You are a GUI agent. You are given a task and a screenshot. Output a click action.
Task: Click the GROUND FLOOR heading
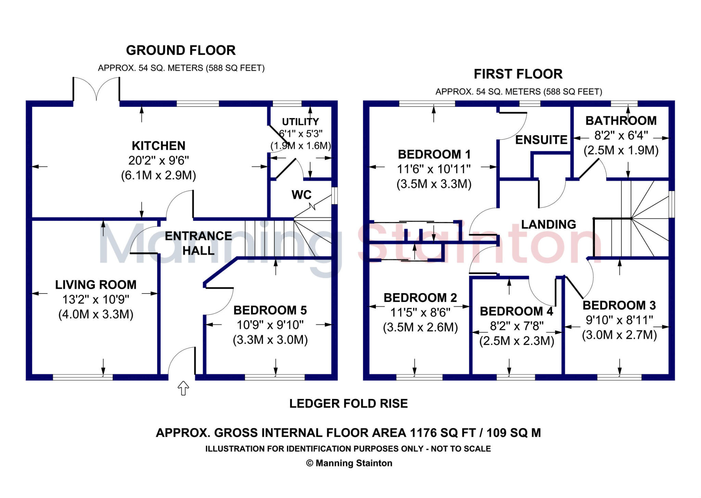point(181,50)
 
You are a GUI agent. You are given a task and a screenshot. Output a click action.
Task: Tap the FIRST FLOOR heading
point(518,74)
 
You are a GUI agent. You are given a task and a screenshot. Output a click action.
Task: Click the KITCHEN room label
point(158,146)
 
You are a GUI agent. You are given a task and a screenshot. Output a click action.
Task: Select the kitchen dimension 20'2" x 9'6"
point(158,161)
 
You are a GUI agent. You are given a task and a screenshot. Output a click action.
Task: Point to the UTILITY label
point(300,122)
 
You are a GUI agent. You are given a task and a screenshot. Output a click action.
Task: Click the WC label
point(301,195)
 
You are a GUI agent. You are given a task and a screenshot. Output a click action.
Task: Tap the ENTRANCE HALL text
point(198,243)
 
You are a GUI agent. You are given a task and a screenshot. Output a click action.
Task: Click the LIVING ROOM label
point(96,285)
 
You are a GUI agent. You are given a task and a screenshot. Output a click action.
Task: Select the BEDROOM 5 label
point(270,310)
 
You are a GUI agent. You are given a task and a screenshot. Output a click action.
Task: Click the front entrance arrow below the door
point(183,388)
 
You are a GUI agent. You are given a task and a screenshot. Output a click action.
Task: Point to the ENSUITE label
point(541,140)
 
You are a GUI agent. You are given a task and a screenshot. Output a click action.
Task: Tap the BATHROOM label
point(621,121)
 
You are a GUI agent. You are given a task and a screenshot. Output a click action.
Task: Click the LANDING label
point(548,224)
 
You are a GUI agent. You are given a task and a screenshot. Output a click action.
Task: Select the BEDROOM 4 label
point(517,311)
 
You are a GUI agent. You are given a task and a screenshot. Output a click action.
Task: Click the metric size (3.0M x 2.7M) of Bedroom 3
point(619,335)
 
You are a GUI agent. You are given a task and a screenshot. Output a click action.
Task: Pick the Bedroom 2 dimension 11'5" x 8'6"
point(420,312)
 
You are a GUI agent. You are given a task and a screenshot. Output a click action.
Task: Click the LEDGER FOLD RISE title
point(348,403)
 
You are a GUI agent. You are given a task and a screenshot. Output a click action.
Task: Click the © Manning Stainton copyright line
point(349,463)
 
